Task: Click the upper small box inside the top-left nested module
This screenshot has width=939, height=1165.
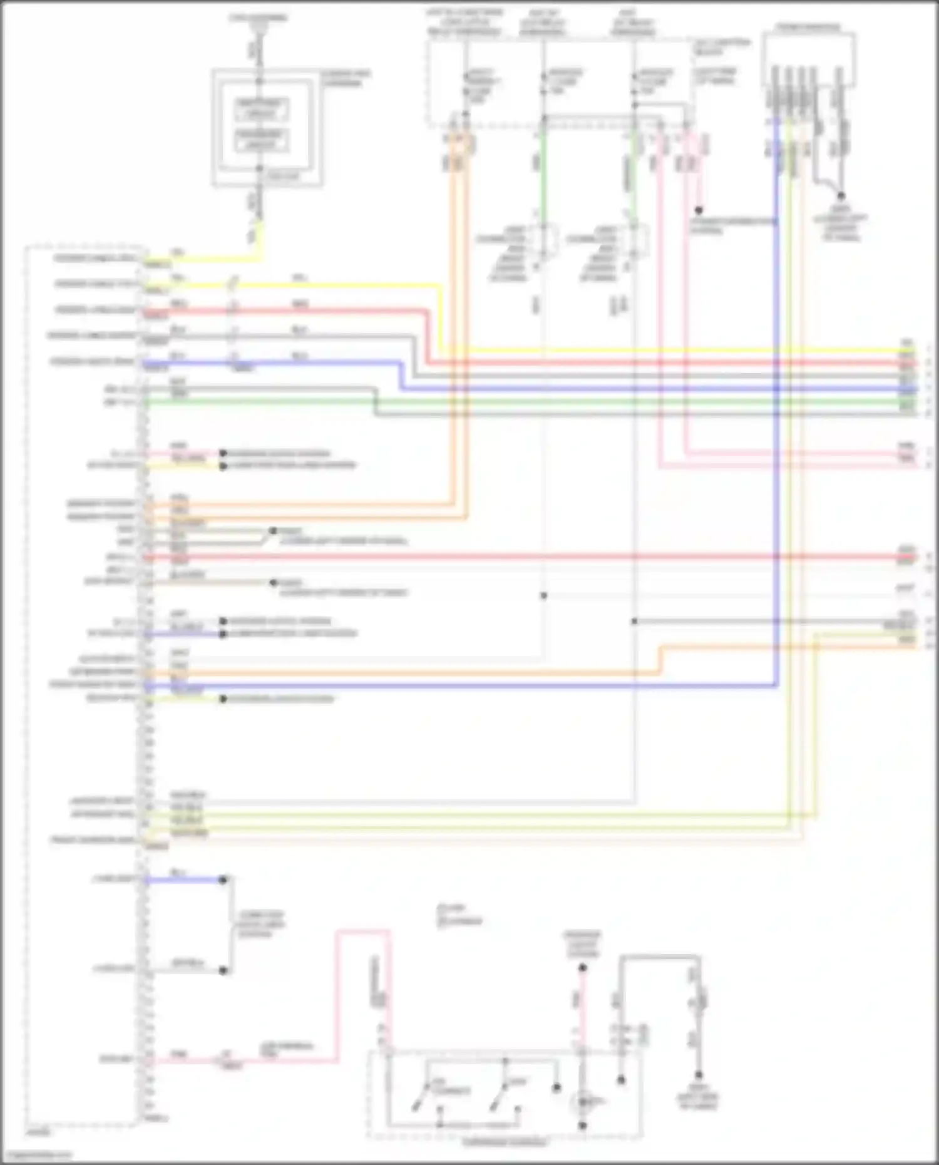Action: point(261,109)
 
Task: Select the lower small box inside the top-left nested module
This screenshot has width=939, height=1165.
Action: point(261,141)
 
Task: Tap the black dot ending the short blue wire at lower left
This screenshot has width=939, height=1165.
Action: point(223,880)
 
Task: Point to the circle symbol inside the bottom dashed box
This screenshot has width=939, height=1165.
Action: point(582,1103)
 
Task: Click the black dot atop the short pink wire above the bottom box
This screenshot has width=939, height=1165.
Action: point(582,968)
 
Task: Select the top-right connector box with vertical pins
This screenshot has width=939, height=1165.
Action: point(808,59)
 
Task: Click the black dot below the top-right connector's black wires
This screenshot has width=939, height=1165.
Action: point(841,196)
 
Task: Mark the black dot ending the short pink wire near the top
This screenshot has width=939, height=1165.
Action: point(699,210)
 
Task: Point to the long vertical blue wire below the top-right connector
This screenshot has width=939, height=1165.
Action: point(777,438)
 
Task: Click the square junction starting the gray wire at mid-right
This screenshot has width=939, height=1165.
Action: point(634,621)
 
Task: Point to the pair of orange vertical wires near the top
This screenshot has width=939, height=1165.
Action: point(459,313)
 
